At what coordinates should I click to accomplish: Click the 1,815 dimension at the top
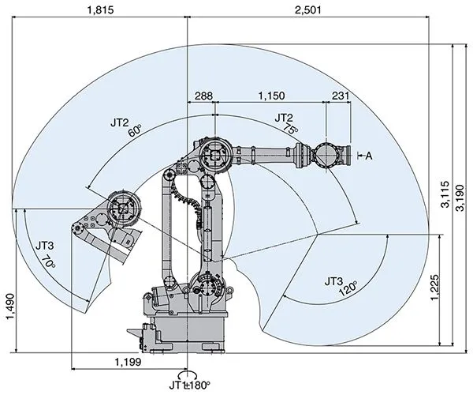coord(99,10)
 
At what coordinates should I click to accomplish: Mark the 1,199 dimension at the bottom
coord(128,362)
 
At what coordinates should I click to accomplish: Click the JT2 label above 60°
coord(119,122)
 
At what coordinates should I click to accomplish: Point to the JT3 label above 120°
coord(334,281)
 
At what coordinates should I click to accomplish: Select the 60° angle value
coord(135,130)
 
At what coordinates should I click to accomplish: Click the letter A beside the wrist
coord(367,156)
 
